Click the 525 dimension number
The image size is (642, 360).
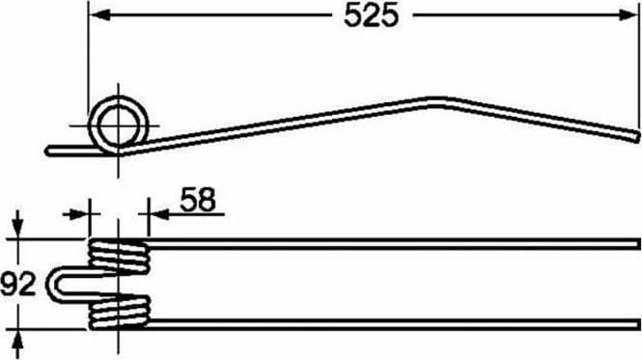coord(371,16)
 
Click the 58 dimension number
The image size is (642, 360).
coord(198,200)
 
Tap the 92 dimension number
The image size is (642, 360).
coord(18,284)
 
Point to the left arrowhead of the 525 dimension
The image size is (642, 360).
coord(99,15)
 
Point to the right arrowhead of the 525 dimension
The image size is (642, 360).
coord(628,15)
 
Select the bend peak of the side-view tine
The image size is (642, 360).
coord(437,100)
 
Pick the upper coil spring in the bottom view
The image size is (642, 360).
coord(119,256)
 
